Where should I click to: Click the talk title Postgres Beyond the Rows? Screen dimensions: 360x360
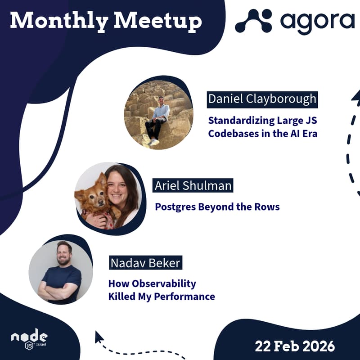tap(217, 207)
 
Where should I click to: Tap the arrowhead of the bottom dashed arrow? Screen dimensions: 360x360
tap(99, 337)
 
